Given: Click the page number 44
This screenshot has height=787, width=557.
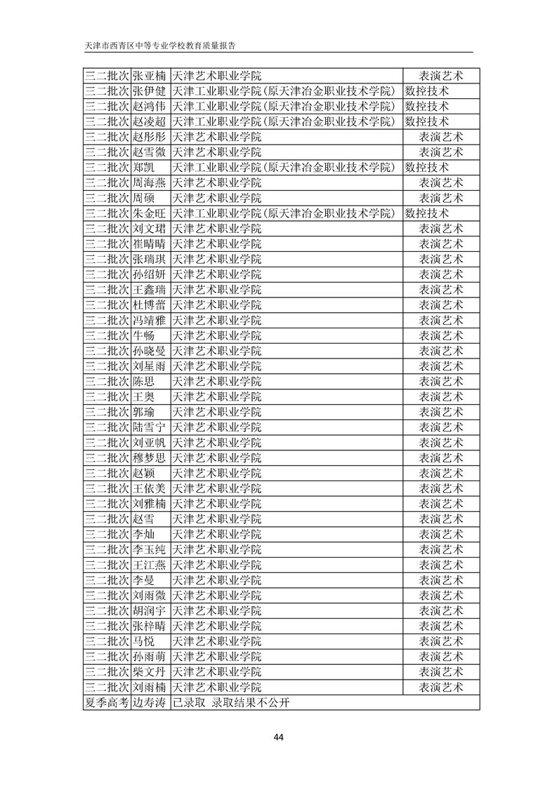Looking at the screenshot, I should pos(278,737).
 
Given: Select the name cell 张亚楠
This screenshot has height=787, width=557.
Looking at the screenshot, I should pos(149,76).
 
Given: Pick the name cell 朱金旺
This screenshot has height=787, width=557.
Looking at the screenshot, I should pos(149,213).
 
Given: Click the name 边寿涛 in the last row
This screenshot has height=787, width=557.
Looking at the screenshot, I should pos(149,703).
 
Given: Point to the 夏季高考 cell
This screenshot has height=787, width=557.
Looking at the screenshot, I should pos(107,703).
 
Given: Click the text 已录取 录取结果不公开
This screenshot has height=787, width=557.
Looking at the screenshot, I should pos(231,703).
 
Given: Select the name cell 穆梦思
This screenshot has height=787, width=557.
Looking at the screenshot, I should pos(149,458).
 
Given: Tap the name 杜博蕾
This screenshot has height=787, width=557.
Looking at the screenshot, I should pos(149,305).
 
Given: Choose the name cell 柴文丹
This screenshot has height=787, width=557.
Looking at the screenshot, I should pos(149,672).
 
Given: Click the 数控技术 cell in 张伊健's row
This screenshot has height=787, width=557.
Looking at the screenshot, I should pos(427,91).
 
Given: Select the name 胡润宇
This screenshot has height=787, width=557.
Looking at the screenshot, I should pos(149,611).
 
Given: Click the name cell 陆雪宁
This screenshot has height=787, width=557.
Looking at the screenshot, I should pos(149,427).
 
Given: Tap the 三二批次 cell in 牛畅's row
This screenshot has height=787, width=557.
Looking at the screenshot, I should pos(107,336).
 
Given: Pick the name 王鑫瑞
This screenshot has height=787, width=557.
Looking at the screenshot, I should pos(149,290).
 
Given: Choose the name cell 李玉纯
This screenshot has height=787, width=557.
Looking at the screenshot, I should pos(149,549).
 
